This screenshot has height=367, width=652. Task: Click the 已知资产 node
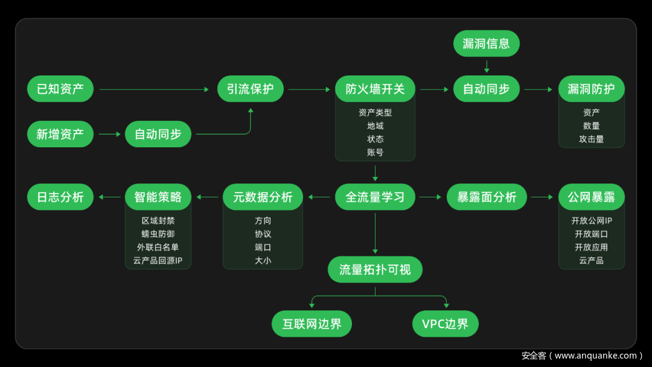pos(60,89)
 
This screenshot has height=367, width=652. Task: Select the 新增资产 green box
pos(60,134)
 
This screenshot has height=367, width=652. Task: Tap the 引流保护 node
pos(251,89)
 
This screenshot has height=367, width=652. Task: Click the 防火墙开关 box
pos(375,89)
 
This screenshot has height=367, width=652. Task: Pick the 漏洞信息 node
pos(486,43)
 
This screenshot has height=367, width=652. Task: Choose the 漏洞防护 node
pos(591,89)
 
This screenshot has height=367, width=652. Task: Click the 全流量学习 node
pos(375,197)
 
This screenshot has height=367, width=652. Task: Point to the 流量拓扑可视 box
pos(375,269)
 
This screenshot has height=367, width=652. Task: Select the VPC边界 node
pos(445,324)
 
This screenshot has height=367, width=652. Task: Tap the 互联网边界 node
pos(312,324)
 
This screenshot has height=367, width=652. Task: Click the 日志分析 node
pos(60,197)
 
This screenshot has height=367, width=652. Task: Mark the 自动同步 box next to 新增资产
pos(158,134)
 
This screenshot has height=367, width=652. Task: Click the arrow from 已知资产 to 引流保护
pos(154,89)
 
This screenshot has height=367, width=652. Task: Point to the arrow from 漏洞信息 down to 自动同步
pos(486,66)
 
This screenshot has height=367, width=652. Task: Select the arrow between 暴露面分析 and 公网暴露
pos(542,197)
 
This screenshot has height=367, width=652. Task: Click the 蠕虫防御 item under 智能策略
pos(158,234)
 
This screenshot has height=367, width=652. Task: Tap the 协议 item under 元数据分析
pos(263,234)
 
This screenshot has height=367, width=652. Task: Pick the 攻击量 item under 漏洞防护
pos(591,139)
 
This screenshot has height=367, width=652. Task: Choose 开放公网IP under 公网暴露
pos(591,220)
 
